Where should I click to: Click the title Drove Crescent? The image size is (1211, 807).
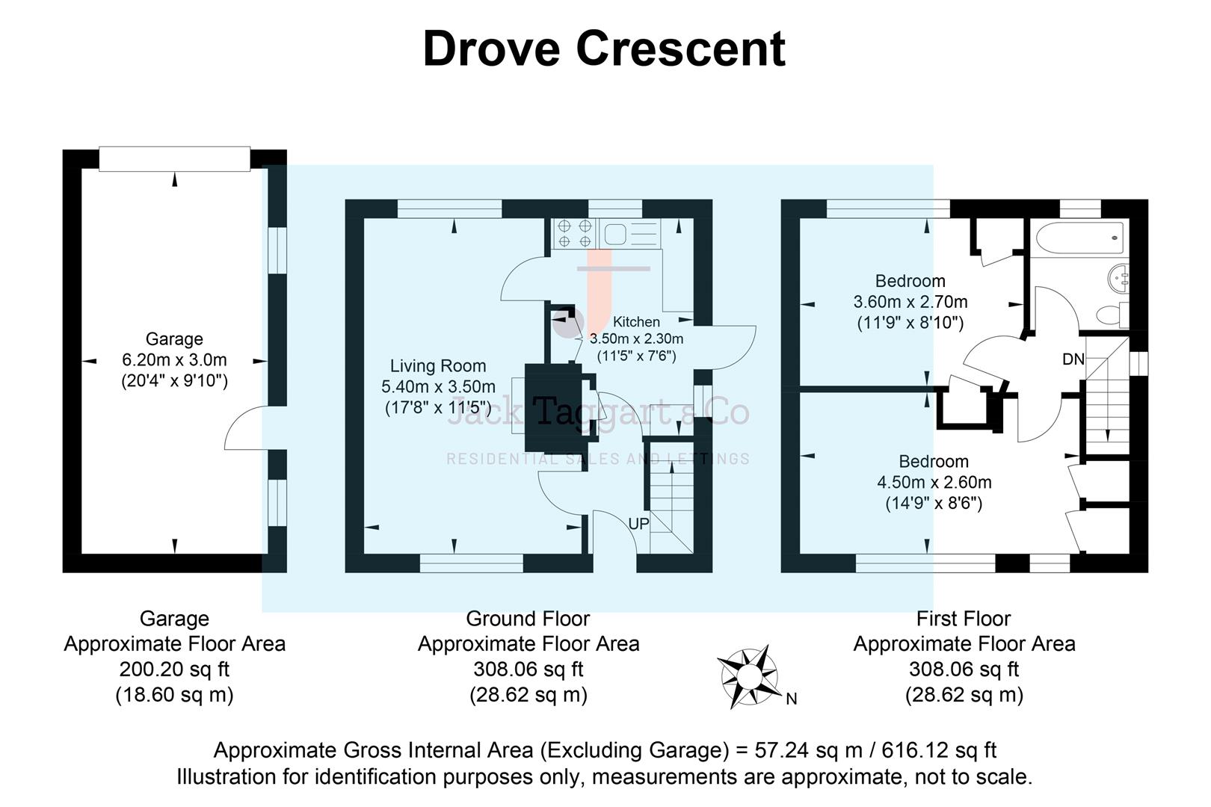pos(603,49)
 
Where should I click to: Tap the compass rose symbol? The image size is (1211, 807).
pos(748,676)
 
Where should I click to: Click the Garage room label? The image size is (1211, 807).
pos(174,339)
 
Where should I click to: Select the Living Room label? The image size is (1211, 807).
pos(438,366)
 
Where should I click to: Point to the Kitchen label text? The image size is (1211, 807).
pos(636,322)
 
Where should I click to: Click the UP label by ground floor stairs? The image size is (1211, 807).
pos(638,525)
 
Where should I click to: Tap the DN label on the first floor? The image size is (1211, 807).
pos(1073,359)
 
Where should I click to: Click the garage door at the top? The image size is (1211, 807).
pos(174,158)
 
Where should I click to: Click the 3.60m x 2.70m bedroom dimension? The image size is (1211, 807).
pos(910,303)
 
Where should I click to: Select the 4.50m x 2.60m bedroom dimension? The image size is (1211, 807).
pos(934,483)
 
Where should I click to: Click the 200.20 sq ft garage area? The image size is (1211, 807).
pos(174,670)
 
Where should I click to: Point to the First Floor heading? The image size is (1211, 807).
pos(963,619)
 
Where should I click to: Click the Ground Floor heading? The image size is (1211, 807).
pos(528,619)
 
